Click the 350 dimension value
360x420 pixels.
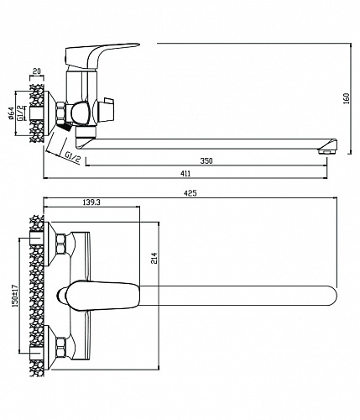(x=206, y=161)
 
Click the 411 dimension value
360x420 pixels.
(x=185, y=174)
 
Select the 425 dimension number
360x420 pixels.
(x=190, y=193)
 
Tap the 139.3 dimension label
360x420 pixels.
(x=91, y=202)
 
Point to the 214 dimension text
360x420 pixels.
(x=154, y=258)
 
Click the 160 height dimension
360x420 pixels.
(x=347, y=98)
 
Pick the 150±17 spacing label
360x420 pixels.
(x=15, y=296)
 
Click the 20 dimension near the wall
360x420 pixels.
(x=37, y=71)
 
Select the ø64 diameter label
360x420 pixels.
(x=11, y=113)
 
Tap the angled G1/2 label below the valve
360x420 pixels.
(x=72, y=158)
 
